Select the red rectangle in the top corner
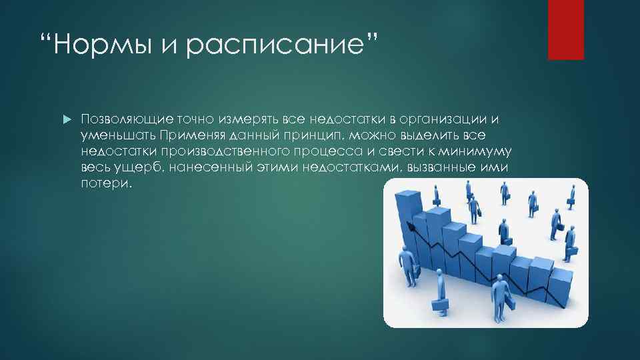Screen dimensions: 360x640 pyautogui.click(x=565, y=30)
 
